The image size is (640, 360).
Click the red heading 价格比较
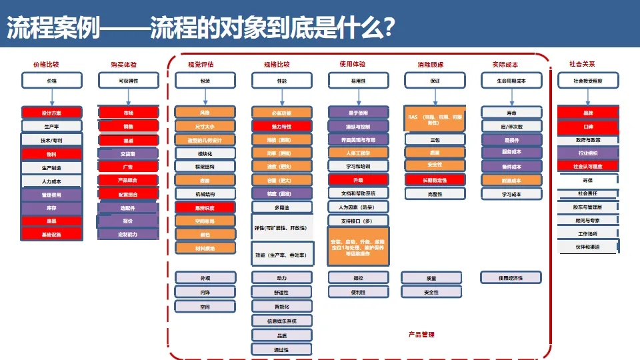[x=46, y=65]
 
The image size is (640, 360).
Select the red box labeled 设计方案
[x=51, y=112]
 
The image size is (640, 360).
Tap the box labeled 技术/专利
[x=51, y=140]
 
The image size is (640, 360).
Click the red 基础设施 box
[x=51, y=234]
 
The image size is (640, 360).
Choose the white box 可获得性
[x=128, y=81]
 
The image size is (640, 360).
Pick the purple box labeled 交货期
[x=128, y=153]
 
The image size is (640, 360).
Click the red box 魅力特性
[x=281, y=126]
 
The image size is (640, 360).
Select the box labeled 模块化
[x=205, y=153]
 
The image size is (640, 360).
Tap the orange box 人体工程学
[x=358, y=153]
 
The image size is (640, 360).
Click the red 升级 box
[x=358, y=180]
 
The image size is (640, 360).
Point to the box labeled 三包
[x=435, y=140]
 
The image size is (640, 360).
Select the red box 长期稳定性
[x=435, y=180]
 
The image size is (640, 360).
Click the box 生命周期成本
[x=511, y=81]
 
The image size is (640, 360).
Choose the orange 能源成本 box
[x=511, y=180]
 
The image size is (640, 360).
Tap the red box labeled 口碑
[x=588, y=126]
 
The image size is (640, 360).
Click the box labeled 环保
[x=588, y=179]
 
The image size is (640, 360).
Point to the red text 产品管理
[x=421, y=334]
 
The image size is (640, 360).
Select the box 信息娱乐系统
[x=281, y=320]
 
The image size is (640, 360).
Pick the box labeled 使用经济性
[x=511, y=277]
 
